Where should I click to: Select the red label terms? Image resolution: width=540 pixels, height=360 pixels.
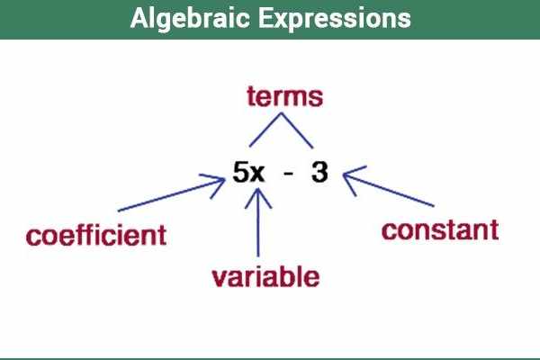click(x=283, y=96)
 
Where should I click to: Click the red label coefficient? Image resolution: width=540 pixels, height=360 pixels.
click(x=96, y=236)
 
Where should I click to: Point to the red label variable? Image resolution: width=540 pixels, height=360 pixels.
click(x=265, y=276)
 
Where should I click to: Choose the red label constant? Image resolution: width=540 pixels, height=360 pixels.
click(x=439, y=229)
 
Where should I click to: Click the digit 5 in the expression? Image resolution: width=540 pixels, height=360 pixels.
click(x=240, y=174)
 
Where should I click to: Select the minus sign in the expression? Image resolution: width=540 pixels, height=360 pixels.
click(x=287, y=175)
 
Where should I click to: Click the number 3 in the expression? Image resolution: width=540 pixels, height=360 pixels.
click(x=319, y=174)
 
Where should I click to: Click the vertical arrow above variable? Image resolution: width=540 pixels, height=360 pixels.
click(x=259, y=225)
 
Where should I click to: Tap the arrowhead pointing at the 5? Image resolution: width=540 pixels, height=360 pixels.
click(x=218, y=184)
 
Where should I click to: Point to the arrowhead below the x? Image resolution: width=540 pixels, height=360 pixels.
click(x=259, y=195)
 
